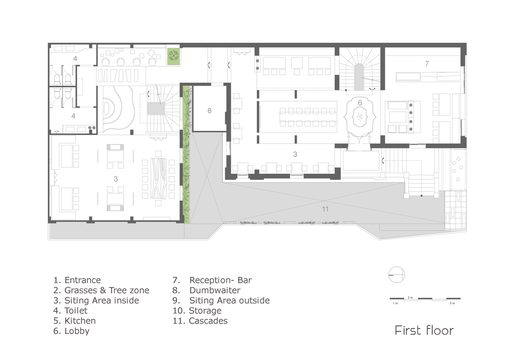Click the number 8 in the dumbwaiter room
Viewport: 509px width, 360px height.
coord(209,111)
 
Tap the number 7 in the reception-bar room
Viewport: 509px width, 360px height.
coord(427,64)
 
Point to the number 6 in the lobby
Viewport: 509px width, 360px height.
coord(360,103)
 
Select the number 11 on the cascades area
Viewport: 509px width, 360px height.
coord(325,209)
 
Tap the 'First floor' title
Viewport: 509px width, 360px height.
coord(424,330)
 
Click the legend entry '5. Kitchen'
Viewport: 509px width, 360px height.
coord(74,321)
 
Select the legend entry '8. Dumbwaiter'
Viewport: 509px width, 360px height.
coord(206,290)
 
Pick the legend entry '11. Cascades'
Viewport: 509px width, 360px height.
coord(200,321)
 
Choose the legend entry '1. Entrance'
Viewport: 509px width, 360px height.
coord(77,280)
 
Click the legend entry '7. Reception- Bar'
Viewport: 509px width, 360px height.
coord(212,280)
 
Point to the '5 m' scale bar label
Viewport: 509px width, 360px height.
coord(452,303)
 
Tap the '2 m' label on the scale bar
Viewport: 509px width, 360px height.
coord(410,297)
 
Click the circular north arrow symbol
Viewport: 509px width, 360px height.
coord(397,274)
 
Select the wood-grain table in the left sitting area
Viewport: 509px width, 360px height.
coord(159,179)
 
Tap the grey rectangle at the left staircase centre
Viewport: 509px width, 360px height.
coord(156,109)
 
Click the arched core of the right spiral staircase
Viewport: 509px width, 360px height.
coord(359,77)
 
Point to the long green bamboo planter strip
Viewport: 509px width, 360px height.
coord(186,155)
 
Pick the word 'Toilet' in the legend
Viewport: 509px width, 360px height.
coord(76,311)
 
